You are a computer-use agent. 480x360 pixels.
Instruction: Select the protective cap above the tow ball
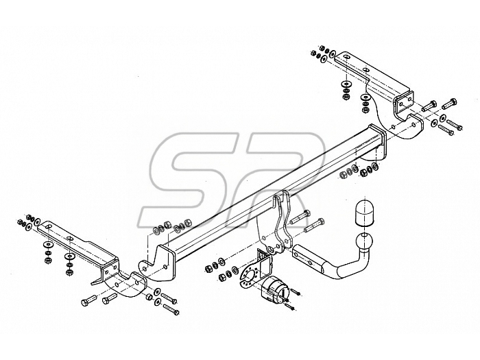365,213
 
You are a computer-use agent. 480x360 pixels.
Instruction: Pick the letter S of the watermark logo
190,180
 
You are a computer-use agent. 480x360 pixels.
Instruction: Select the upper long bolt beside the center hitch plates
300,217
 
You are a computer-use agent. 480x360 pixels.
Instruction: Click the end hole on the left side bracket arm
49,226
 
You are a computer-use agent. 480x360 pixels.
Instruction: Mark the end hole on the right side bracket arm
346,57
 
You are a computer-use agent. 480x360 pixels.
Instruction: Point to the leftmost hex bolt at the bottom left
88,300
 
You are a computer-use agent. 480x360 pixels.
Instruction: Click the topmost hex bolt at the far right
449,103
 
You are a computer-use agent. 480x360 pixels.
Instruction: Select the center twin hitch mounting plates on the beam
274,224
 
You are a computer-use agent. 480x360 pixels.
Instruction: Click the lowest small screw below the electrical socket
289,307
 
